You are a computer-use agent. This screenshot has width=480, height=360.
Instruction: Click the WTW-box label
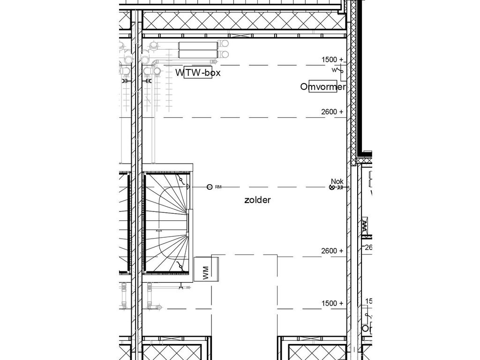point(198,73)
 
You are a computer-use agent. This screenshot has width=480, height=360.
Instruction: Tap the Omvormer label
point(323,87)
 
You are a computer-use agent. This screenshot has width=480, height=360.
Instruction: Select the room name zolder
point(257,200)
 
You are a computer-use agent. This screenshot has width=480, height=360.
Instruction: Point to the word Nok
point(337,181)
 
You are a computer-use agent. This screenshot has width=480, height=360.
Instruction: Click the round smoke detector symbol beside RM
point(210,187)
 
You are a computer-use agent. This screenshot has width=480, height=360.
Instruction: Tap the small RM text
point(218,187)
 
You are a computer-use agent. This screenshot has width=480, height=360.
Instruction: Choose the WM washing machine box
point(206,269)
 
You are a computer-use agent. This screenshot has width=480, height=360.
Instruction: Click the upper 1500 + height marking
point(332,60)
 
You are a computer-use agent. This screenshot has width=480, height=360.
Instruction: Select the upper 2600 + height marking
point(332,112)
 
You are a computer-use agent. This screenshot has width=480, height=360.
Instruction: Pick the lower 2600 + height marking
point(332,251)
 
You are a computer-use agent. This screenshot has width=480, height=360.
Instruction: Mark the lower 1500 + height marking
point(332,303)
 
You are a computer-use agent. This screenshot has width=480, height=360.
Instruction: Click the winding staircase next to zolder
point(167,223)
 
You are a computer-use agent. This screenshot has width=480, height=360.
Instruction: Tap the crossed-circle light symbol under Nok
point(333,187)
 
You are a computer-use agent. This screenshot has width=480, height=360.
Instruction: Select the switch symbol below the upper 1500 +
point(338,71)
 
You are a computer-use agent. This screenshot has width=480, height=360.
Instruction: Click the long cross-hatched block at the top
point(244,21)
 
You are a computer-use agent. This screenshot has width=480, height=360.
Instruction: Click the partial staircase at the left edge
point(124,223)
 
